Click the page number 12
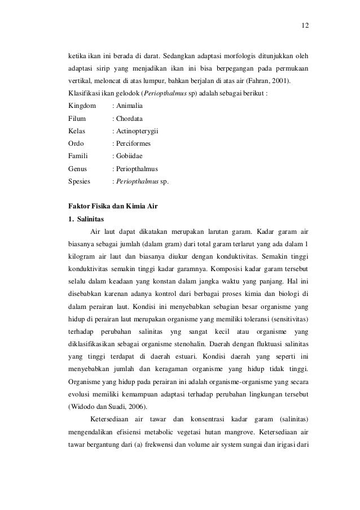click(305, 25)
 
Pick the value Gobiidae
click(130, 156)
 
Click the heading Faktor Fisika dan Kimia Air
click(112, 206)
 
